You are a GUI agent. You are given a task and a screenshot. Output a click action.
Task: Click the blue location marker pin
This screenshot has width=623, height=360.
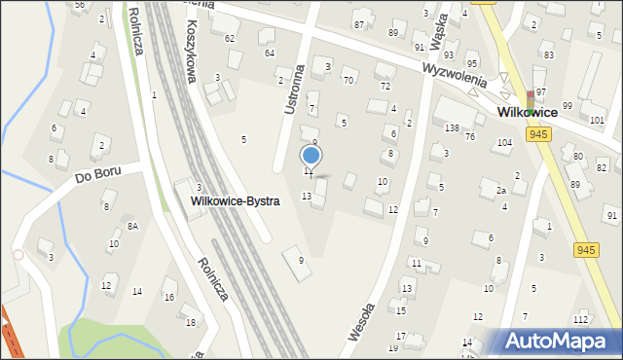311,156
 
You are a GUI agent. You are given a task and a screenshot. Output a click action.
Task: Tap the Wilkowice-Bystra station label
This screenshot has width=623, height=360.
236,201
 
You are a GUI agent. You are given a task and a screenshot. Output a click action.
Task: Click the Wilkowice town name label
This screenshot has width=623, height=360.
527,113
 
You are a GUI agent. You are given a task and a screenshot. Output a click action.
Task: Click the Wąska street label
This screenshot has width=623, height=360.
438,38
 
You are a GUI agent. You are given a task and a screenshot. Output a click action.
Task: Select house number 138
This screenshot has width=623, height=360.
452,128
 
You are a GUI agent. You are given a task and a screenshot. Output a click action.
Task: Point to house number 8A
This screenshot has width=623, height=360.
132,226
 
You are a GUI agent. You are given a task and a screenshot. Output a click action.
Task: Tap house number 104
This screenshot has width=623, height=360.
503,143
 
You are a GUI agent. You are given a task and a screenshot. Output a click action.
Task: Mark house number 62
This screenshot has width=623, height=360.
230,38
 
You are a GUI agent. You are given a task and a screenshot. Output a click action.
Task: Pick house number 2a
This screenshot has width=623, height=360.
500,191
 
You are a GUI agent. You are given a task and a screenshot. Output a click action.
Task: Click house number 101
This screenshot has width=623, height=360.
597,121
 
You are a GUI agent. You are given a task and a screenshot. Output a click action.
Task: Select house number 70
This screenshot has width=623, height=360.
348,80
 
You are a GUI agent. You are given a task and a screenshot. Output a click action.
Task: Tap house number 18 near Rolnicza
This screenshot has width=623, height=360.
190,322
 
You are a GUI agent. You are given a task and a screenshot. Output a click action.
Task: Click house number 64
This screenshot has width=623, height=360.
269,53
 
